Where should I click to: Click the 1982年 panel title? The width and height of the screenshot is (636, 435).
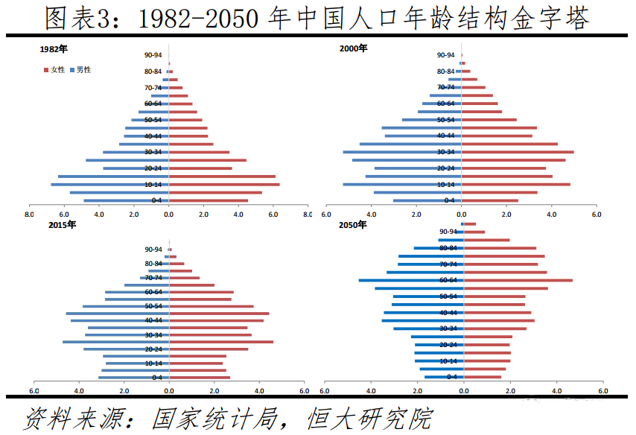[x=54, y=49]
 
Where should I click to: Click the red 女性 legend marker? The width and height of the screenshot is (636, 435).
[x=47, y=69]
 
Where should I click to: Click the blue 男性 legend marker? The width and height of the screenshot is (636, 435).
[x=72, y=69]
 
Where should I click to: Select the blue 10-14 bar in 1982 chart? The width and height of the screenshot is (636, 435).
[x=109, y=184]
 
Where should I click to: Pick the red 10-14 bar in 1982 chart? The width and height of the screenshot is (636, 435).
[x=223, y=184]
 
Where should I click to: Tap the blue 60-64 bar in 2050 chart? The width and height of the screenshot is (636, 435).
[x=410, y=280]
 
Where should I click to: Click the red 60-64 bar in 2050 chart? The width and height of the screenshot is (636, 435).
[x=518, y=280]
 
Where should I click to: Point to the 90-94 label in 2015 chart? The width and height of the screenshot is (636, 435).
[x=153, y=250]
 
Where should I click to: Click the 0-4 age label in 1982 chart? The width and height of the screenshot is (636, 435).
[x=156, y=200]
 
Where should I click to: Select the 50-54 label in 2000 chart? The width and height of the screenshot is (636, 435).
[x=445, y=120]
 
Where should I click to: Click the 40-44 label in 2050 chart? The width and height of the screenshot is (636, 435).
[x=448, y=313]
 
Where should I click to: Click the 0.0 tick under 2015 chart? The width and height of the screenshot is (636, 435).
[x=168, y=391]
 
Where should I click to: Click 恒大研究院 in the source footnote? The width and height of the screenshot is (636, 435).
[x=369, y=418]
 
